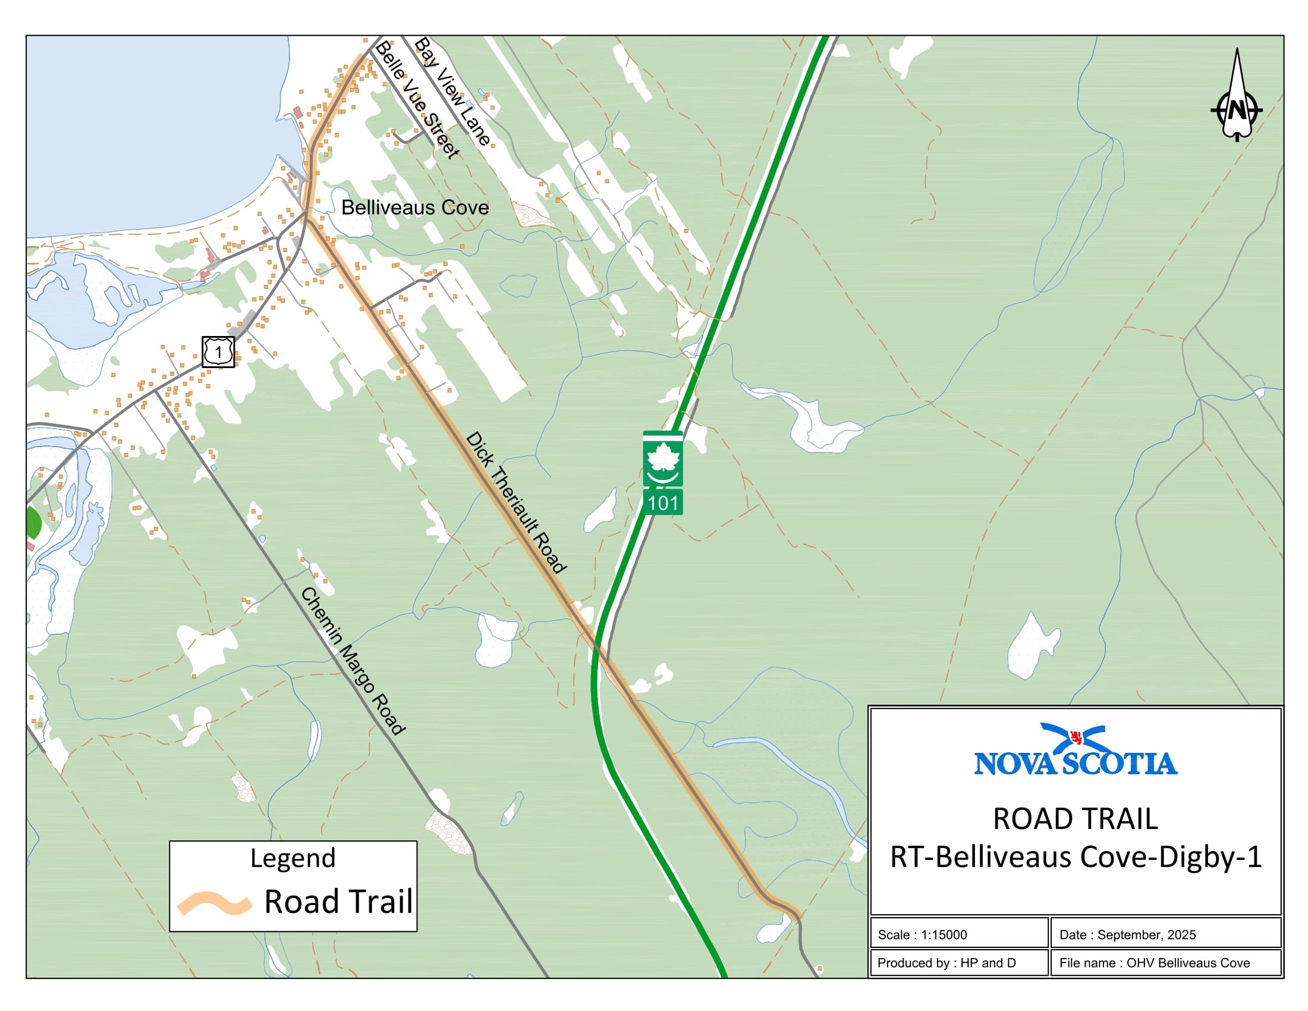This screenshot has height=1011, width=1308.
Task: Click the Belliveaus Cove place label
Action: point(414,208)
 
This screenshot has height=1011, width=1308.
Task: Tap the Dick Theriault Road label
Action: point(515,502)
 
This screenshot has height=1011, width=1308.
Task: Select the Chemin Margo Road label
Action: point(353,661)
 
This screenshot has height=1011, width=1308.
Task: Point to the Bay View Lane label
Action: point(453,90)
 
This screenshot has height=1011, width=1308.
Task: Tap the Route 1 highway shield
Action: point(218,351)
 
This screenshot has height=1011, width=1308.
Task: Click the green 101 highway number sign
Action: point(663,503)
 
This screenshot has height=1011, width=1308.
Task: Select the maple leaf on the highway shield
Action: point(663,458)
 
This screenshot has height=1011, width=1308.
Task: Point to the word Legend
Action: point(293,858)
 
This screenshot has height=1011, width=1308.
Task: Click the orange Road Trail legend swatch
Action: point(214,903)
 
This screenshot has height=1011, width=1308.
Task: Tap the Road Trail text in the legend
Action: point(338,902)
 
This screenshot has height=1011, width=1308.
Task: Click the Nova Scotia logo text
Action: point(1076,764)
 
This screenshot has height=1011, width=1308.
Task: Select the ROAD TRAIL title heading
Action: point(1076,819)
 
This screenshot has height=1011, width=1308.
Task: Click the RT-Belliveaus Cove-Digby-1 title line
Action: point(1076,856)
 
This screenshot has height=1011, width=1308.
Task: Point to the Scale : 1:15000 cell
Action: point(958,934)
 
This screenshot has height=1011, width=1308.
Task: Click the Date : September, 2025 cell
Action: point(1165,934)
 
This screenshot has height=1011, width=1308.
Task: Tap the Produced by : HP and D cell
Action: point(958,962)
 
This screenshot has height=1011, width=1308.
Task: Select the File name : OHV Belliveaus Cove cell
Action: point(1165,962)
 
